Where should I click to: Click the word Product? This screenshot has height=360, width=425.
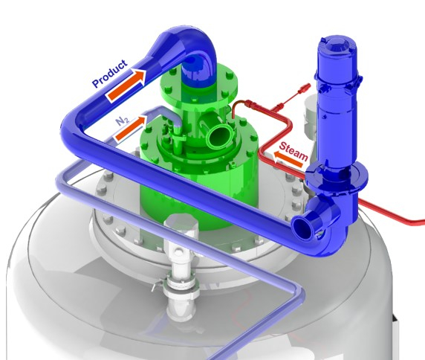click(109, 74)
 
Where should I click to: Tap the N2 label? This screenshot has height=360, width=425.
click(123, 121)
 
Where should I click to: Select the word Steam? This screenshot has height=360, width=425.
click(293, 152)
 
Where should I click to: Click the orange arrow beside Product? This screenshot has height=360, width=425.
click(126, 85)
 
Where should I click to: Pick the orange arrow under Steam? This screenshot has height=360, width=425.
click(288, 159)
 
